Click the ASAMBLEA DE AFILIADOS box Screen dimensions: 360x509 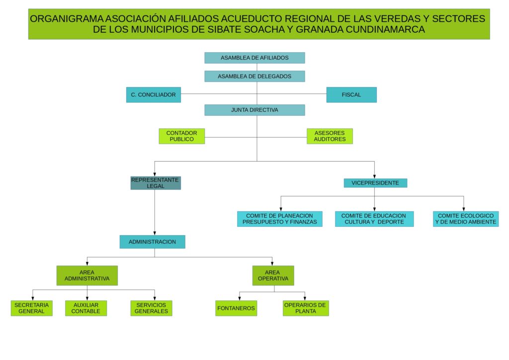(254, 58)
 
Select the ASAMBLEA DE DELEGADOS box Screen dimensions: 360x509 (254, 77)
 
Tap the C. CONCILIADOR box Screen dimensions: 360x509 (153, 94)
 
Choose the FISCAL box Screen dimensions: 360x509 (351, 94)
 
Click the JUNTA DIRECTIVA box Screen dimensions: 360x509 (254, 110)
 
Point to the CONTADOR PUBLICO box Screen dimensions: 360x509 (181, 136)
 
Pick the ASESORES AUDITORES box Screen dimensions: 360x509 (330, 136)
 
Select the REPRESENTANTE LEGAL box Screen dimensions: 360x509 (155, 183)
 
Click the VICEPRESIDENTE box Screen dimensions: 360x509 (375, 183)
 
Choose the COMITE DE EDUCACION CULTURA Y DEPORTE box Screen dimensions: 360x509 (374, 219)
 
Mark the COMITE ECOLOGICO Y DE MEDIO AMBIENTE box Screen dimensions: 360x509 (465, 219)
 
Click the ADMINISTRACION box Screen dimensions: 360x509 (152, 242)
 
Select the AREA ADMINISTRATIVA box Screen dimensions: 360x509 (87, 275)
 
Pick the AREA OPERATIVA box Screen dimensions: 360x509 (273, 275)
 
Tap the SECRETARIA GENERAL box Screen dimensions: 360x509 (32, 308)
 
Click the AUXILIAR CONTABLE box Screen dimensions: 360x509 (86, 308)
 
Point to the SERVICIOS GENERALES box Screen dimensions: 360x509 (152, 308)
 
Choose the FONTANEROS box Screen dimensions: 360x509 (236, 308)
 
